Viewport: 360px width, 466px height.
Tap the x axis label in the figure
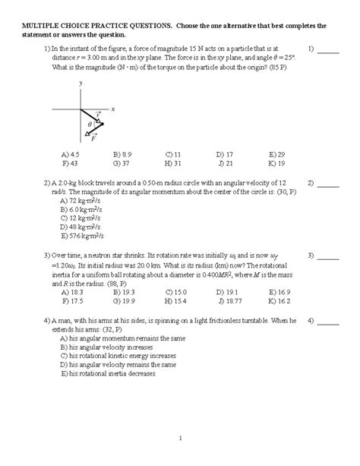coord(112,109)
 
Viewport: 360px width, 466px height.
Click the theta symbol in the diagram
coord(89,124)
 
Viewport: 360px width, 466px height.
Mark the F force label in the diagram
coord(93,138)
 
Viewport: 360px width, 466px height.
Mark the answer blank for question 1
coord(328,52)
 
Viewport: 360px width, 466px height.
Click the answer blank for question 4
coord(328,322)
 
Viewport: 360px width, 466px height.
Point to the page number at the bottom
coord(180,437)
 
